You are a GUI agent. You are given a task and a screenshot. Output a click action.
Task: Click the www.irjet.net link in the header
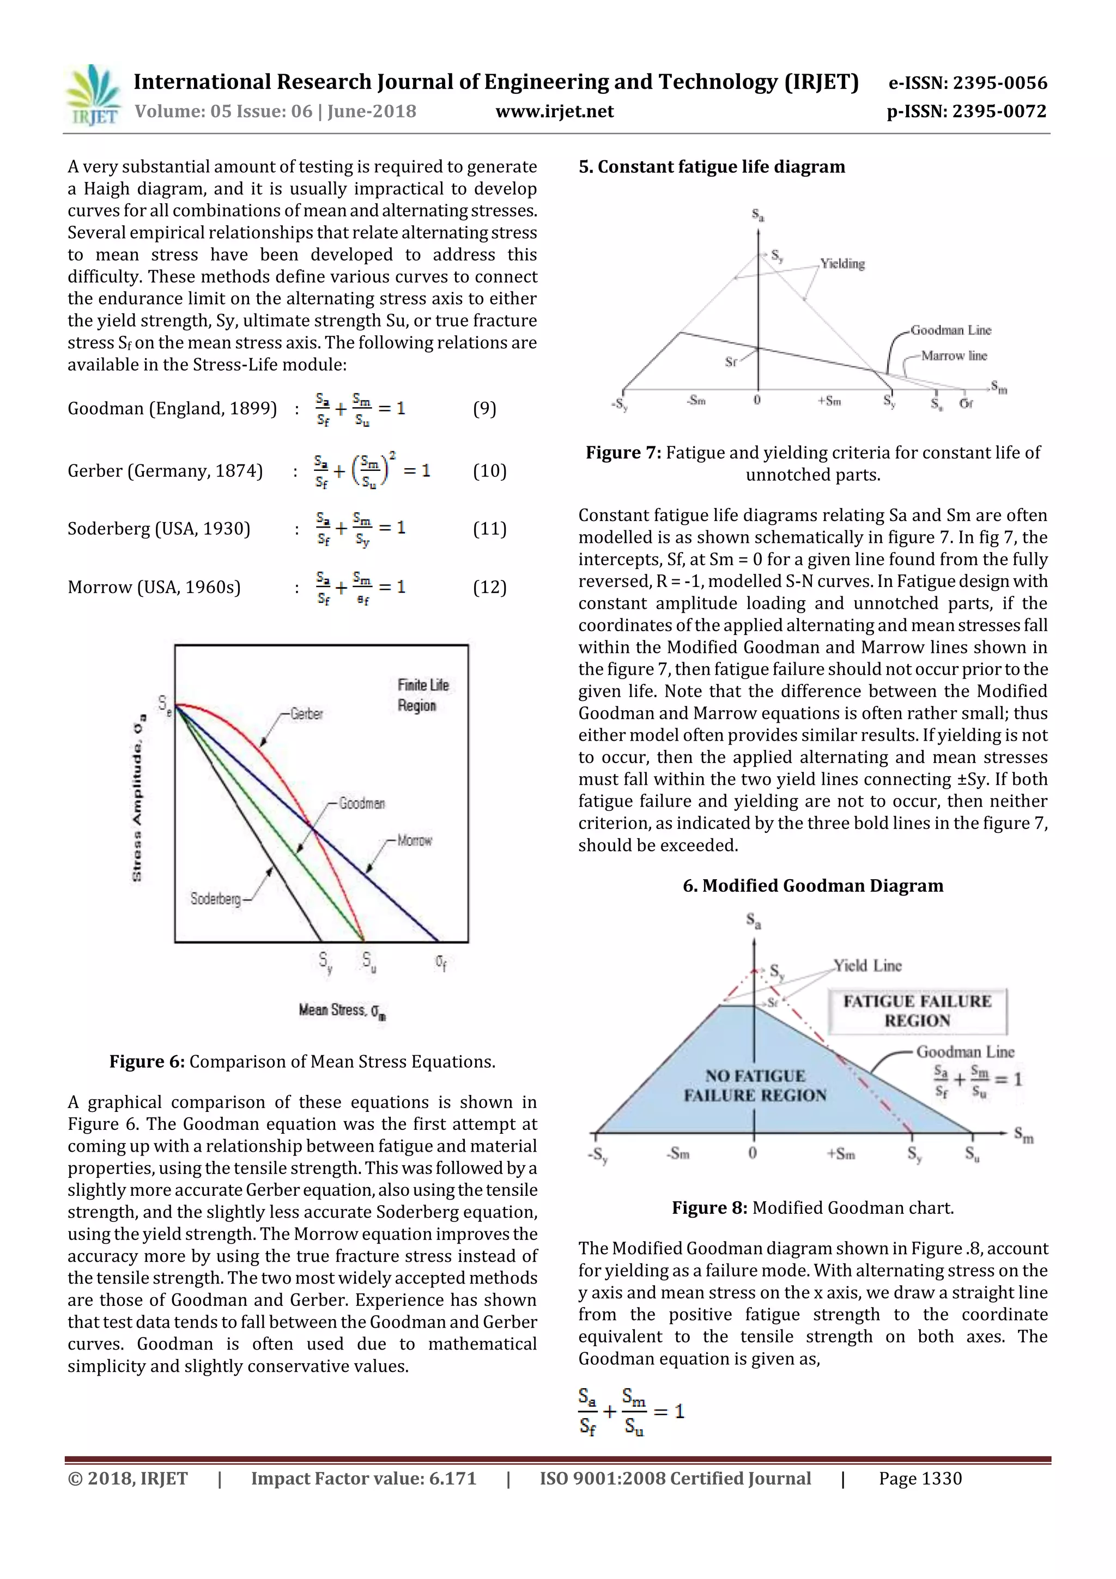point(554,111)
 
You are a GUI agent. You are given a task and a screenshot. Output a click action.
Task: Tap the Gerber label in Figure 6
point(307,714)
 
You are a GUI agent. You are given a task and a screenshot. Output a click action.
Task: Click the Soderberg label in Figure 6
point(215,899)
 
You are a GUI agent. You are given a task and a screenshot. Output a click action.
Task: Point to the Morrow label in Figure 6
point(415,840)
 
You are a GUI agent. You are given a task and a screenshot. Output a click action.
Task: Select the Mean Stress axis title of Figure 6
point(342,1011)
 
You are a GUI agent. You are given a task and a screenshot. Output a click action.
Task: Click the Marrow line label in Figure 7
point(954,355)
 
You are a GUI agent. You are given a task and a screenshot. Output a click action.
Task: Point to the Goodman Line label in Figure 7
point(951,330)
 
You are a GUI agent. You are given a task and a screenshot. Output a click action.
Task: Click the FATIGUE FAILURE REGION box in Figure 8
point(917,1011)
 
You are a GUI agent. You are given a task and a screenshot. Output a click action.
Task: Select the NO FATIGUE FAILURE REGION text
point(754,1085)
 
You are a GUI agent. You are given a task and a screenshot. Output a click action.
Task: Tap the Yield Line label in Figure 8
point(867,966)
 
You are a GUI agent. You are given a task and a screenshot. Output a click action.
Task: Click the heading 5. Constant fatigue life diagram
point(711,167)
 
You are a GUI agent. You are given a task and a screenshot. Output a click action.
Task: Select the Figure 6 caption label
point(147,1061)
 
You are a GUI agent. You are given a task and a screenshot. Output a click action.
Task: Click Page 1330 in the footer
point(919,1479)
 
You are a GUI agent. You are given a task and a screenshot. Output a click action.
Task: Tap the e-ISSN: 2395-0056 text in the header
point(967,83)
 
